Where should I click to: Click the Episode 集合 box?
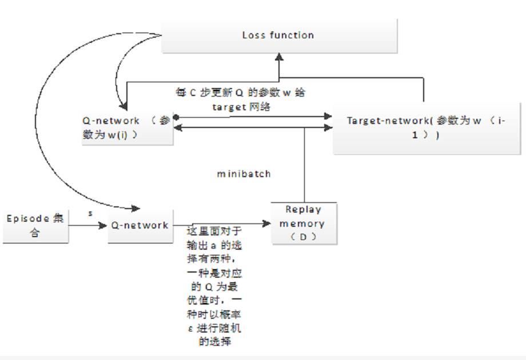(x=35, y=226)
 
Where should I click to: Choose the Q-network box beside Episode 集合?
(x=140, y=226)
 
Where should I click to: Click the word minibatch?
(x=244, y=174)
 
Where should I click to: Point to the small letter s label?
(x=90, y=214)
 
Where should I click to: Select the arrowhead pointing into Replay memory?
(x=267, y=224)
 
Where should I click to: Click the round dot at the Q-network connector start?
(x=177, y=117)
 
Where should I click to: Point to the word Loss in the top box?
(x=253, y=35)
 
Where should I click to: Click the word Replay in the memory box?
(x=303, y=210)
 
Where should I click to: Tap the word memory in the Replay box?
(x=302, y=223)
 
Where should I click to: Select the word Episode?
(x=27, y=219)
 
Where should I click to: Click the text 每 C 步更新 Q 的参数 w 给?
(x=240, y=93)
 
